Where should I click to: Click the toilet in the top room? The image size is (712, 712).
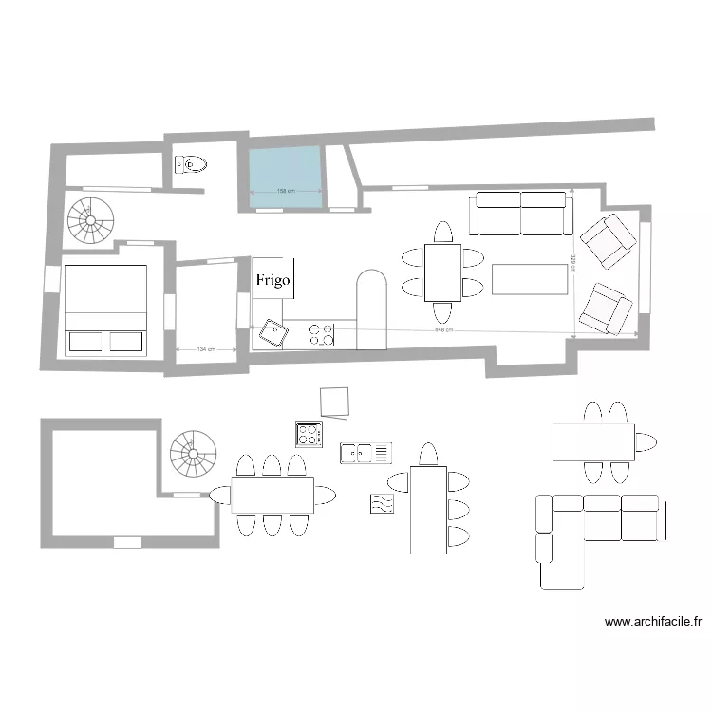[x=191, y=164]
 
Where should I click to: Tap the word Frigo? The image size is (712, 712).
[x=272, y=280]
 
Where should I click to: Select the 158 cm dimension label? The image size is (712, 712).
[x=284, y=192]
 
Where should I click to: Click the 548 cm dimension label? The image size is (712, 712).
[x=443, y=329]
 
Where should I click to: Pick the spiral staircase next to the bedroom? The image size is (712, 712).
[x=90, y=222]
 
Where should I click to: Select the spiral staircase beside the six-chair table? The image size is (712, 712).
[x=194, y=455]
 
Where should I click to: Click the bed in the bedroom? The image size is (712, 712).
[x=105, y=309]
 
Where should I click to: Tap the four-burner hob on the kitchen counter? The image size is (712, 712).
[x=322, y=333]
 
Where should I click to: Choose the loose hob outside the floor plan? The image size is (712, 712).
[x=309, y=434]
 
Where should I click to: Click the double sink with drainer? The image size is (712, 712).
[x=366, y=453]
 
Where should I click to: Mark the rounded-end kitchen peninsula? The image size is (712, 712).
[x=371, y=309]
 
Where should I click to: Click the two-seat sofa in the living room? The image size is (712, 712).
[x=521, y=214]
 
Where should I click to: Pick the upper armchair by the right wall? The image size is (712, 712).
[x=607, y=240]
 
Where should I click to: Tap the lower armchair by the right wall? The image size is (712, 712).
[x=606, y=309]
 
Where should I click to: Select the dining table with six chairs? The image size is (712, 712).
[x=272, y=495]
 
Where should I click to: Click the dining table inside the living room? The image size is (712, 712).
[x=442, y=272]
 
